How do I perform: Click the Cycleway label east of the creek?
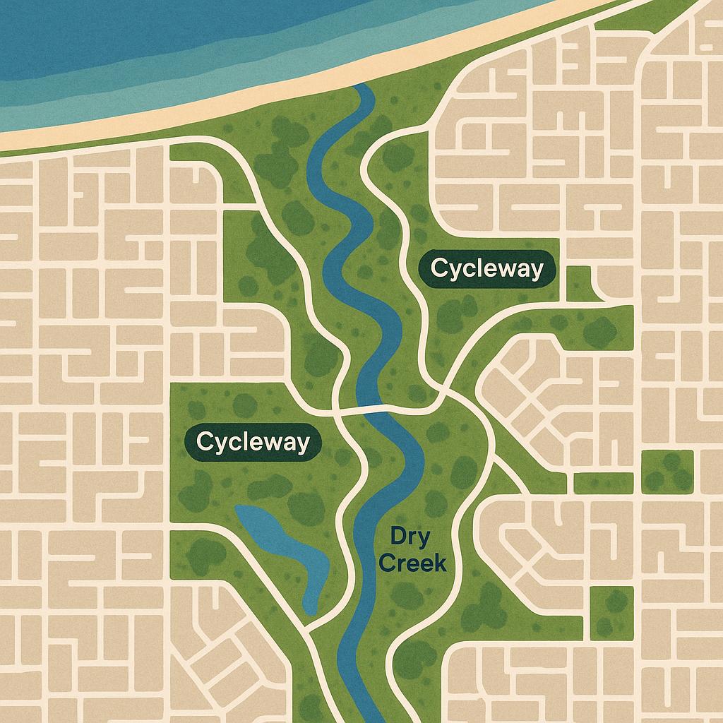[486, 269]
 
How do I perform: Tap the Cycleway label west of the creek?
[253, 442]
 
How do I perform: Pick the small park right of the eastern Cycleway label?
[580, 282]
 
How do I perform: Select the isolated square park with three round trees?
[667, 472]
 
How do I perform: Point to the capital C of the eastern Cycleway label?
[438, 269]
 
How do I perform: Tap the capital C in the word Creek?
[398, 563]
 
